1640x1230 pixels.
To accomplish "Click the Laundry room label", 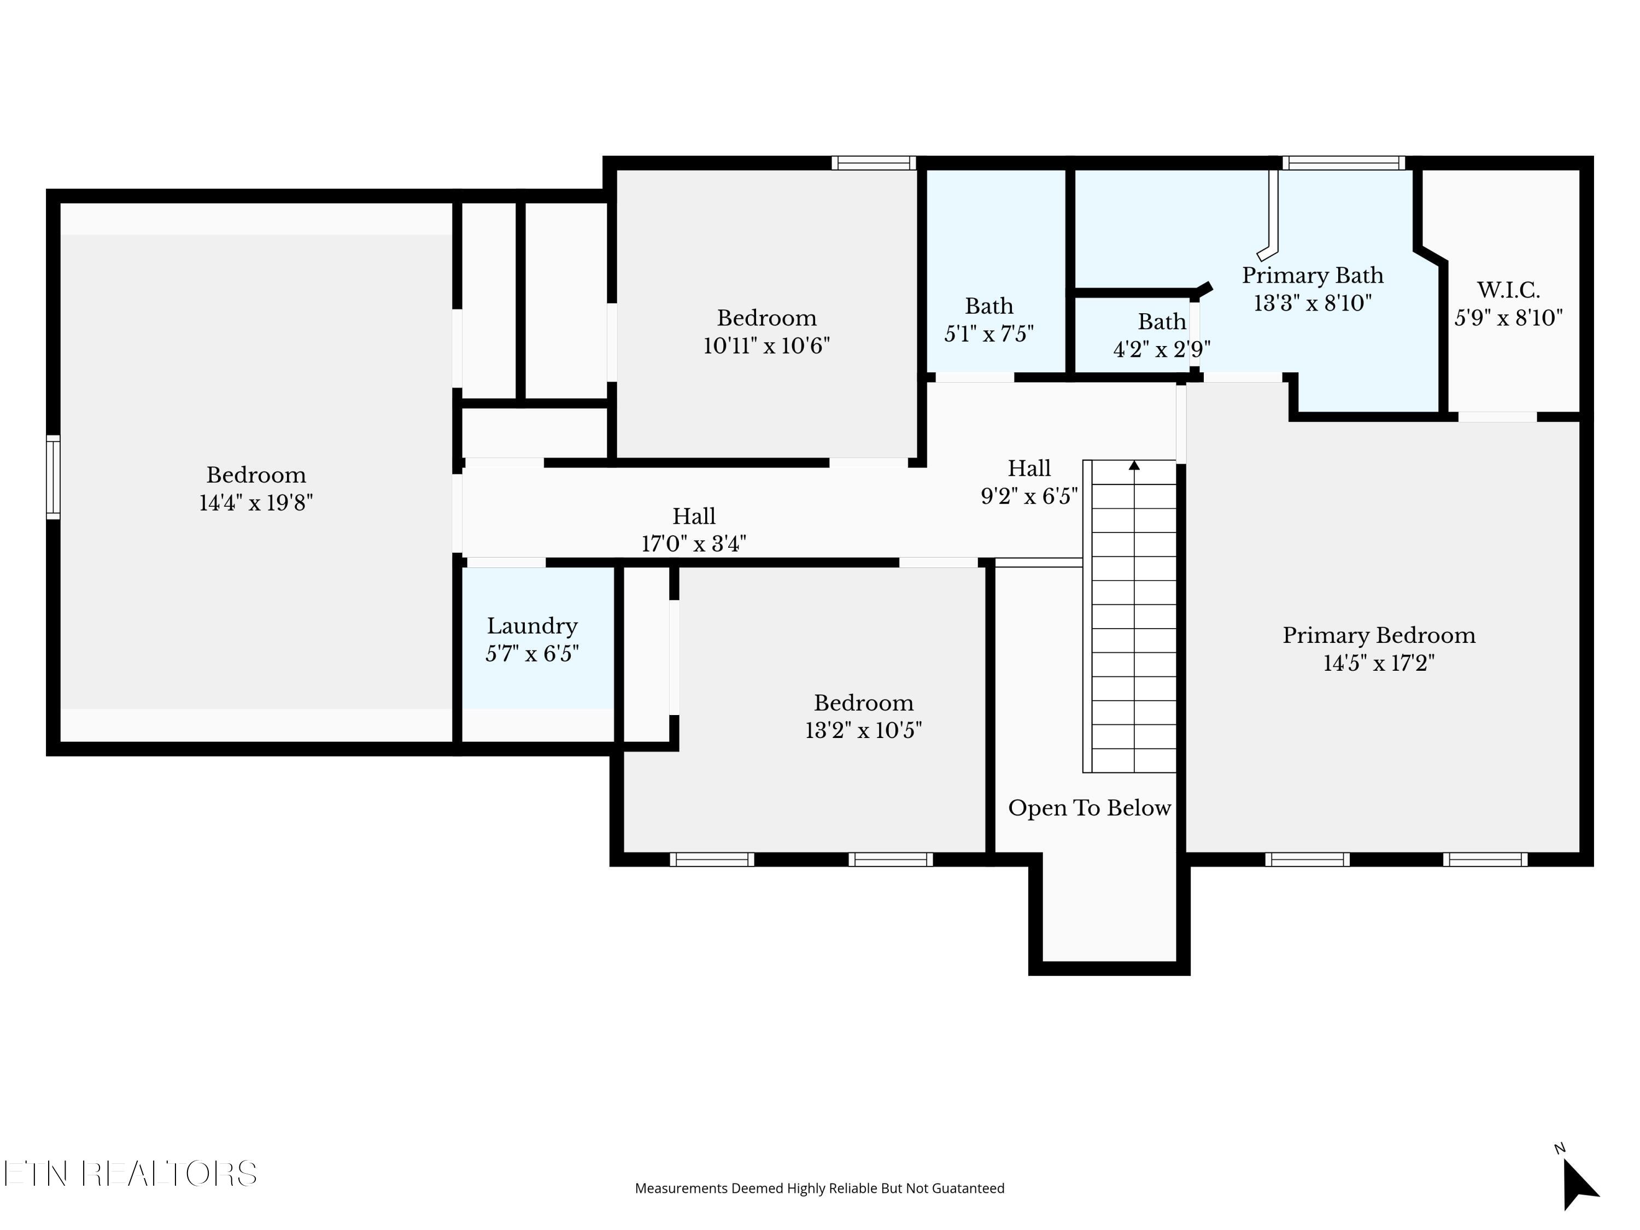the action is [x=532, y=626].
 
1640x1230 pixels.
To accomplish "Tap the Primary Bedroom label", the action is [x=1379, y=635].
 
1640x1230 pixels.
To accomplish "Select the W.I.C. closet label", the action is [x=1508, y=290].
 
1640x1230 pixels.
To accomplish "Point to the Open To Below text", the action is [x=1089, y=808].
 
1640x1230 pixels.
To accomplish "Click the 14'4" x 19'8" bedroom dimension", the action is [x=256, y=503].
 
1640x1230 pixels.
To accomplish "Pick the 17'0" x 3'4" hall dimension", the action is [x=694, y=543].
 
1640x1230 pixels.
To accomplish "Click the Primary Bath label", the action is [x=1313, y=275].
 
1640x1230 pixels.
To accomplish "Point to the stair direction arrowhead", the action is [x=1134, y=465].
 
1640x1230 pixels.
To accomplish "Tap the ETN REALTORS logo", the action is [x=131, y=1174].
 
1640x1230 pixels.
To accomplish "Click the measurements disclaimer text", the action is [x=819, y=1188].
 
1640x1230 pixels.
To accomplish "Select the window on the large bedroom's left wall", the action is [x=54, y=477].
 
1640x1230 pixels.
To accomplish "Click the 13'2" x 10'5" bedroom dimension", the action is [x=864, y=730].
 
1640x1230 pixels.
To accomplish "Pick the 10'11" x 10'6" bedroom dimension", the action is [x=766, y=345].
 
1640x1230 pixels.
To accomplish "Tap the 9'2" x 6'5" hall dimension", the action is [x=1029, y=496].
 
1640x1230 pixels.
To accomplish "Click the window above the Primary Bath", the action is [x=1344, y=163].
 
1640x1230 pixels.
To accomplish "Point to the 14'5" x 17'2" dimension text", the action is [x=1379, y=663].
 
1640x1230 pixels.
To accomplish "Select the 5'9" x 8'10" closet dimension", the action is [x=1508, y=318].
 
